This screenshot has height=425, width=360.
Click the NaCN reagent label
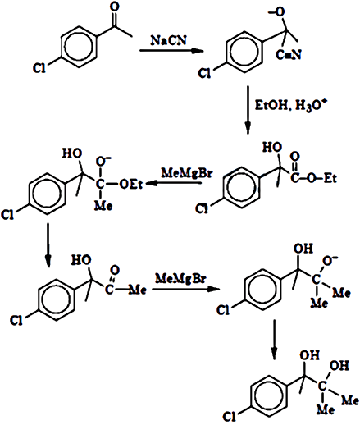coord(169,40)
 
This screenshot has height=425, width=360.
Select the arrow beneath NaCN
coord(171,51)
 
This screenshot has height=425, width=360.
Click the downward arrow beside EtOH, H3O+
coord(248,110)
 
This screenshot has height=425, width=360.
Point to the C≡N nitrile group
coord(289,55)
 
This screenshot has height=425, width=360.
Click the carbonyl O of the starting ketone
coord(114,7)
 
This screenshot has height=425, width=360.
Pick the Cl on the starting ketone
coord(39,68)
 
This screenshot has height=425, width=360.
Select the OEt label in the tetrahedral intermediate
coord(130,185)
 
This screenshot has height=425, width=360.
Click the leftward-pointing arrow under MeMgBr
coord(174,183)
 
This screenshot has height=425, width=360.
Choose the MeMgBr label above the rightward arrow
coord(180,279)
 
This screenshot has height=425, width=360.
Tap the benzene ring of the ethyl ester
coord(241,187)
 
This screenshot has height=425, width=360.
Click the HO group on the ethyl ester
coord(272,148)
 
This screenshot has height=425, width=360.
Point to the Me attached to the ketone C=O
coord(137,290)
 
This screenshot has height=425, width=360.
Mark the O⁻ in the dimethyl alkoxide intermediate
coord(330,261)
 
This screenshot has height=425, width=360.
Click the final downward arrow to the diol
coord(274,340)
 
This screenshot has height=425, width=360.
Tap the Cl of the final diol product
coord(229,417)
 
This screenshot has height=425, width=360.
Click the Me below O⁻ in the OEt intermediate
coord(103,205)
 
